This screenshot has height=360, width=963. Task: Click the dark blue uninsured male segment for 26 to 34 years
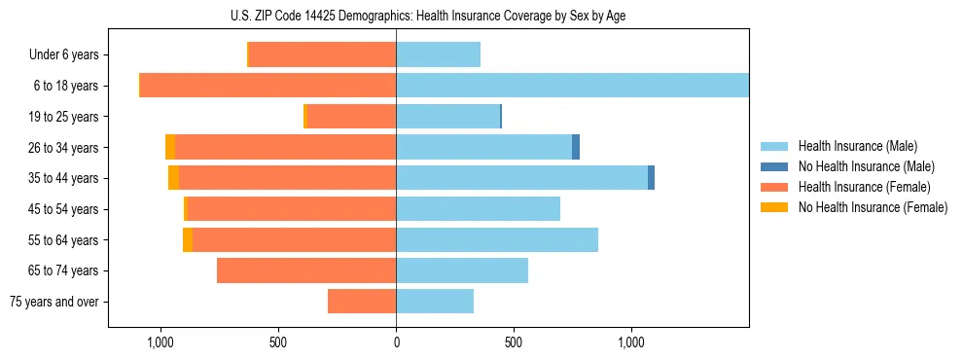coord(576,147)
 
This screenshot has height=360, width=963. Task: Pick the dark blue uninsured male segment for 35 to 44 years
coord(651,178)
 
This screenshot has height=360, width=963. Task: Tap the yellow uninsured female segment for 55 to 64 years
coord(188,239)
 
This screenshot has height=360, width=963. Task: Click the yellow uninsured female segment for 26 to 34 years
coord(170,147)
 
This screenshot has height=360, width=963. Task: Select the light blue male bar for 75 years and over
coord(435,302)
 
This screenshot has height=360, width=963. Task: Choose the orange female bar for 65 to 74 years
coord(306,270)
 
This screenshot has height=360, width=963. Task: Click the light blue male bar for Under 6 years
coord(438,55)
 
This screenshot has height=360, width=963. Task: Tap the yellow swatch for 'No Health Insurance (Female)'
coord(774,207)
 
